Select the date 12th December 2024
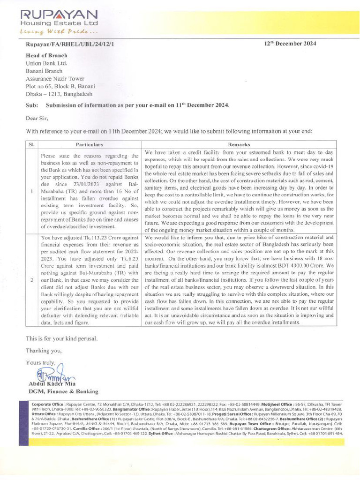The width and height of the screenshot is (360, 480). (x=290, y=44)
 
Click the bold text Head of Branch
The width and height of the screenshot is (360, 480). (x=46, y=55)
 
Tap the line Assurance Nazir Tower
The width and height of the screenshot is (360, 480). (x=55, y=79)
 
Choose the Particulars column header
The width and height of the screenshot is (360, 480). (x=90, y=145)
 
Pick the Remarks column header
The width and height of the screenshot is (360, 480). (x=239, y=145)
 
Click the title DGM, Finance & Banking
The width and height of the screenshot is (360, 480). (x=63, y=391)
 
